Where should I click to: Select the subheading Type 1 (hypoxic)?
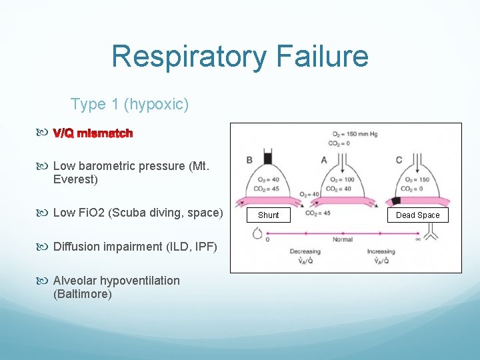[x=129, y=104]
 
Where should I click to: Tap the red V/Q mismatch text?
[x=93, y=133]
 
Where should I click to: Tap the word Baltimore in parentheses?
[x=82, y=294]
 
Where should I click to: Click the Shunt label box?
[x=269, y=215]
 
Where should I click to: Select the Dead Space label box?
[x=418, y=215]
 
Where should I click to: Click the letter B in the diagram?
[x=249, y=160]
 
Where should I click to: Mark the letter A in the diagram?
[x=324, y=160]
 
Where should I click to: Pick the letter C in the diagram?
[x=399, y=160]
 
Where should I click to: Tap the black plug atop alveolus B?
[x=268, y=159]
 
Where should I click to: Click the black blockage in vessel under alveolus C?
[x=396, y=201]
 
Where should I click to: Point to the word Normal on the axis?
[x=343, y=239]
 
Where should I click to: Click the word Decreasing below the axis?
[x=305, y=252]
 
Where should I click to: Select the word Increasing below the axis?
[x=381, y=252]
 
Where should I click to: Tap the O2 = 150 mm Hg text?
[x=353, y=134]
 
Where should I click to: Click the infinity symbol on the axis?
[x=417, y=238]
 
